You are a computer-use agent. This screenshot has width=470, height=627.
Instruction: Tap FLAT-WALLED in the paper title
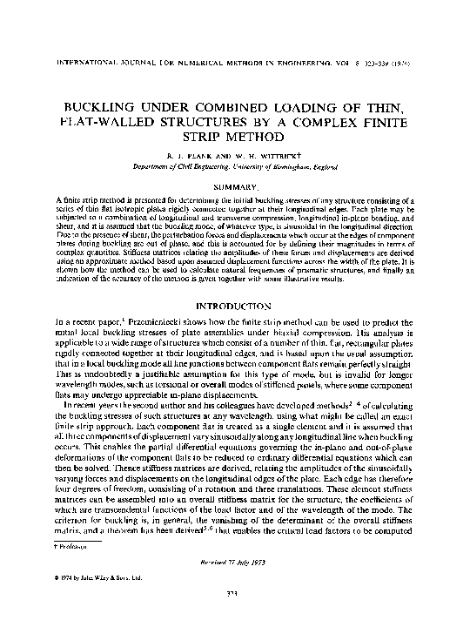[116, 121]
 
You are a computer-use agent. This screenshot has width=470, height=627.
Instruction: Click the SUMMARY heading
[234, 188]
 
